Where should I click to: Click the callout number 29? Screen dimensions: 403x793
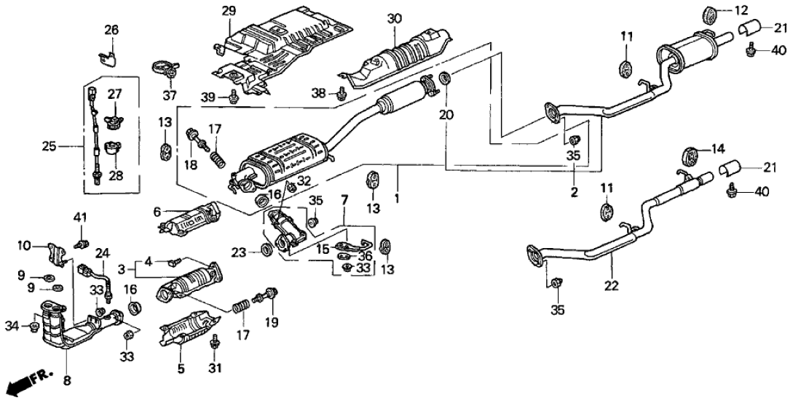point(229,11)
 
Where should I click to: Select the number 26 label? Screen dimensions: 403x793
point(110,30)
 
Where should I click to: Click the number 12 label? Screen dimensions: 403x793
point(741,9)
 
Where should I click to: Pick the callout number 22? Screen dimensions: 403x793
point(611,286)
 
